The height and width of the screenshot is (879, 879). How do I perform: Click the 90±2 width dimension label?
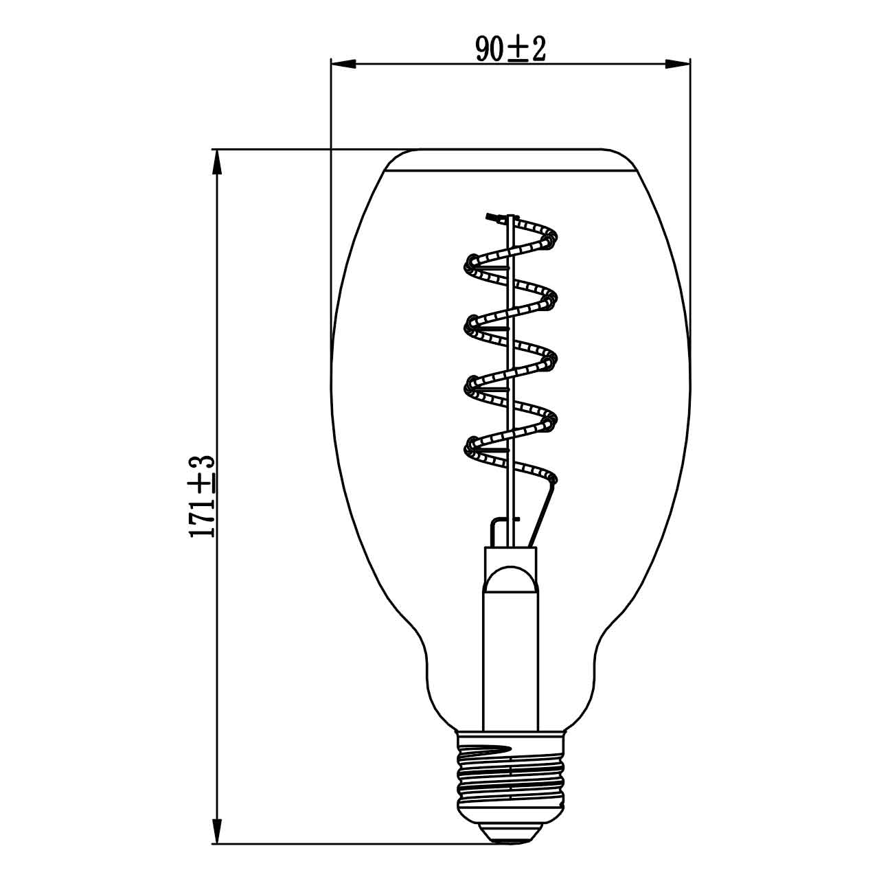510,49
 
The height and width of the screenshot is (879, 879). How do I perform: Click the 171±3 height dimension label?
203,496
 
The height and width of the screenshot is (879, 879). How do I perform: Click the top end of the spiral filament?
492,218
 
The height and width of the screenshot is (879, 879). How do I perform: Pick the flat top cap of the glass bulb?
510,160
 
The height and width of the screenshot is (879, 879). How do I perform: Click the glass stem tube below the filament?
510,652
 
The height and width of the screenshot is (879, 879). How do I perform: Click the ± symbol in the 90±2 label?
518,50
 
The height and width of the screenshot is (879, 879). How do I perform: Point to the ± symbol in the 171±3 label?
204,483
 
